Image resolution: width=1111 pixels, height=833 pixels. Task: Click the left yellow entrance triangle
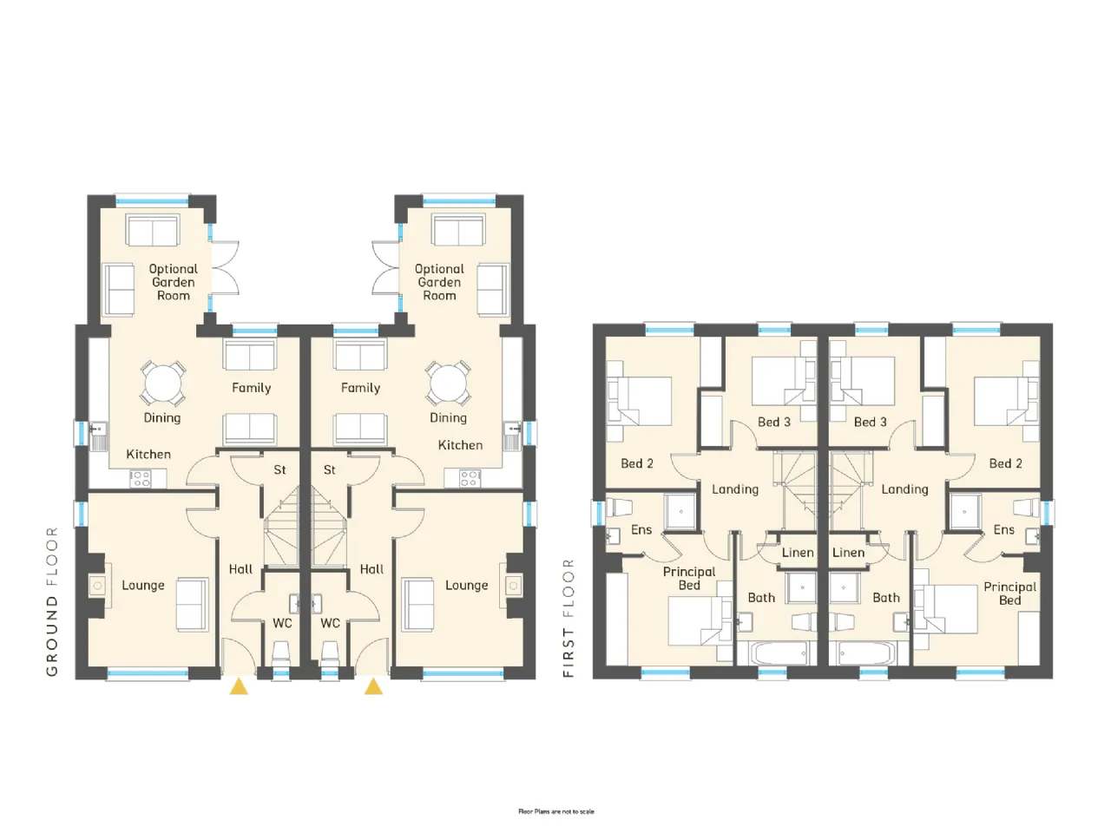(x=239, y=687)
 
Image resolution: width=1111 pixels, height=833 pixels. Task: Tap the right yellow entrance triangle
(x=373, y=687)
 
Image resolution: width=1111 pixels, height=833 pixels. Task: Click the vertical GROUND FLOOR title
(x=52, y=601)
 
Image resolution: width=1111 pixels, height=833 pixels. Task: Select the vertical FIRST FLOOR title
(x=569, y=618)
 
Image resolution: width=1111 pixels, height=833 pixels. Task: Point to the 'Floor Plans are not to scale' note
(x=556, y=812)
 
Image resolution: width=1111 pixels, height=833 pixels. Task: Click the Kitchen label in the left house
(x=148, y=454)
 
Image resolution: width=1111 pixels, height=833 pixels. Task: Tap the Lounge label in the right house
(x=467, y=586)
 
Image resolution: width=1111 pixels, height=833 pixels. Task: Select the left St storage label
(x=279, y=469)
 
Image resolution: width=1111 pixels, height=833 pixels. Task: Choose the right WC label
(x=330, y=623)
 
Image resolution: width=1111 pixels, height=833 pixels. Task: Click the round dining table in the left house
(x=163, y=383)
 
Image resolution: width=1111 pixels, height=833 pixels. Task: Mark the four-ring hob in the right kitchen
(x=470, y=478)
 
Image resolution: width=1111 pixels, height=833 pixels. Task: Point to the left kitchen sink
(x=98, y=436)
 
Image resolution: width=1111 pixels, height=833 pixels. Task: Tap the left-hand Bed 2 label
(x=637, y=463)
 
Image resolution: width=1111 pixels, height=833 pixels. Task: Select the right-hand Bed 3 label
(x=870, y=422)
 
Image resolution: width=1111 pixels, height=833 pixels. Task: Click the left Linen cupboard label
(x=798, y=553)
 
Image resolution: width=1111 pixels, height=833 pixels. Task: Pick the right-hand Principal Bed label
(x=1009, y=594)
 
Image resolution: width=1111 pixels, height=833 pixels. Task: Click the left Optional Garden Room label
(x=173, y=282)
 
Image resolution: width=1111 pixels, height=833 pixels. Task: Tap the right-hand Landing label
(x=904, y=489)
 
